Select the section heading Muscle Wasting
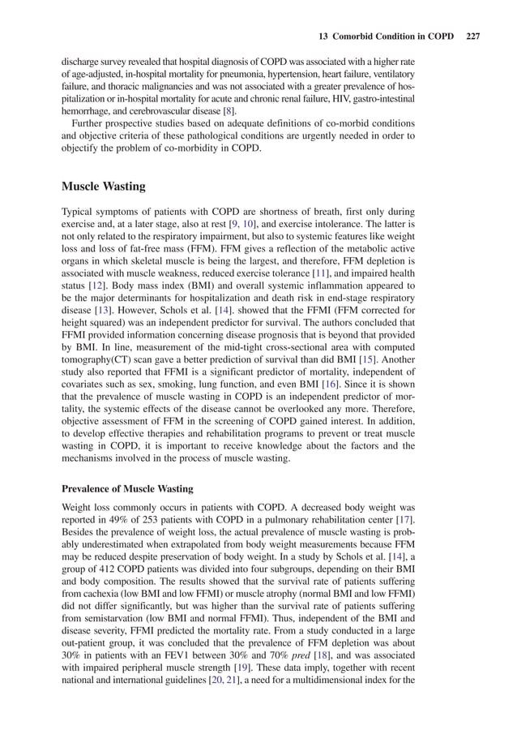(104, 187)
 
